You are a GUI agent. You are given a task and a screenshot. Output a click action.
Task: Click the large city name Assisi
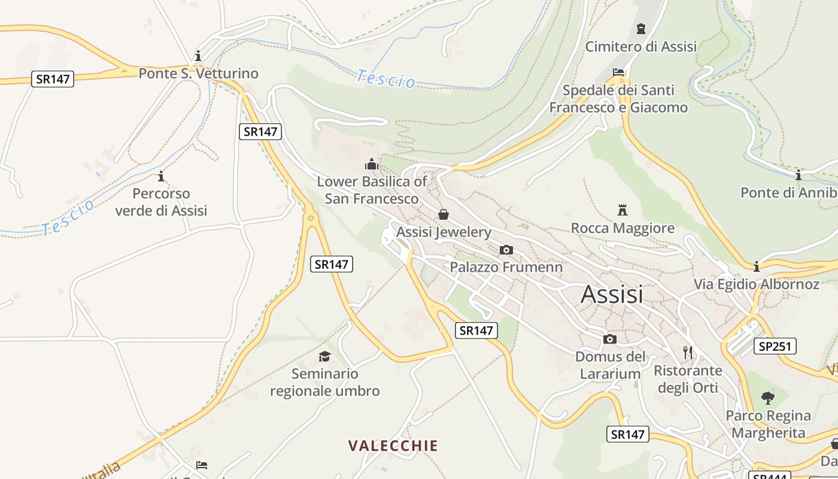[x=612, y=294]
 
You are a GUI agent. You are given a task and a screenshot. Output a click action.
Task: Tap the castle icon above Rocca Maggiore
[x=623, y=210]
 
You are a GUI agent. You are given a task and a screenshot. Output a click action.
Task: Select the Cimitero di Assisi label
[x=641, y=46]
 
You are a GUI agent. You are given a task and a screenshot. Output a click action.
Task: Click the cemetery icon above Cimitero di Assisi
[x=641, y=28]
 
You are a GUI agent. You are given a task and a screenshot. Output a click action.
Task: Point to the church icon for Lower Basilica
[x=372, y=163]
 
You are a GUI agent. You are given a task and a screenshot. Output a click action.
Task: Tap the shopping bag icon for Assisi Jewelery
[x=444, y=214]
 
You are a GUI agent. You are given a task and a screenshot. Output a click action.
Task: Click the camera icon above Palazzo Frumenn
[x=506, y=250]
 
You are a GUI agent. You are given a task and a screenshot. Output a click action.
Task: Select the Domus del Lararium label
[x=610, y=365]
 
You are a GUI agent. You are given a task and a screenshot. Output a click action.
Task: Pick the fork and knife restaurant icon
[x=688, y=352]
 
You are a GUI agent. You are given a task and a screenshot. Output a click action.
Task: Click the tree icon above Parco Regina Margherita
[x=768, y=397]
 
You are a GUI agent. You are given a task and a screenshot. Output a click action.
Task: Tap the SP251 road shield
[x=775, y=346]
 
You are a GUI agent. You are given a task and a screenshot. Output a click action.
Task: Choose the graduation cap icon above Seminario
[x=324, y=356]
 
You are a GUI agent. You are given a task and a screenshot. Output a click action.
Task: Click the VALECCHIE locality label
[x=393, y=445]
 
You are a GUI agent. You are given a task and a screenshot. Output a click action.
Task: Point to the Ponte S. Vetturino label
[x=199, y=74]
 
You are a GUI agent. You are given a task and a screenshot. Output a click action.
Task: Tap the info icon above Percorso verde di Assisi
[x=160, y=176]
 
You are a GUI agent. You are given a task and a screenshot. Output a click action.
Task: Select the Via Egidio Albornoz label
[x=757, y=284]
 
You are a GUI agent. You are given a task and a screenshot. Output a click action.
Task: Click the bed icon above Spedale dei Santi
[x=618, y=72]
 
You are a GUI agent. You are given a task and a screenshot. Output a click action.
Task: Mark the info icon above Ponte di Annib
[x=798, y=175]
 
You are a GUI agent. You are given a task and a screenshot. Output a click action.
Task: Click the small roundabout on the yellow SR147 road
[x=310, y=218]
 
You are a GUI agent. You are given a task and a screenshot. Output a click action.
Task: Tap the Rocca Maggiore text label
[x=623, y=228]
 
